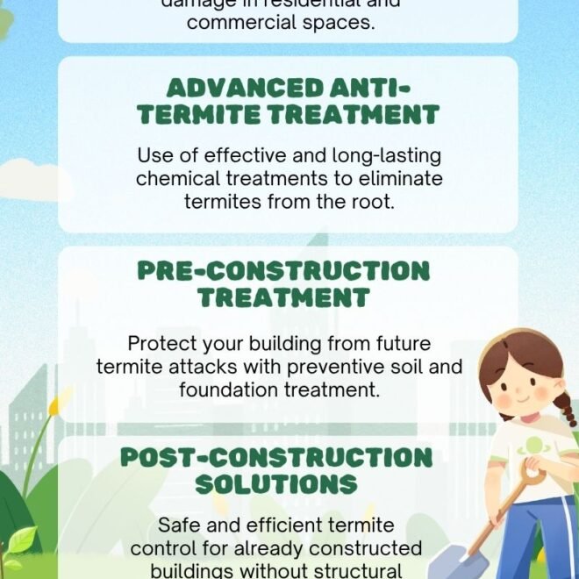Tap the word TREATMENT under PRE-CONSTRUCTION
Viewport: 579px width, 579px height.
tap(283, 297)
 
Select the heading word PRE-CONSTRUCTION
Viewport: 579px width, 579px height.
tap(283, 270)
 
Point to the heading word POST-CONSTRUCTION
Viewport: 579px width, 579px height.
tap(276, 458)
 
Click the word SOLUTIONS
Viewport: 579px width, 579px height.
tap(276, 484)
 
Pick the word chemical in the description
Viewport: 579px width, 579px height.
tap(177, 178)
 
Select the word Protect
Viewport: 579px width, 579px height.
tap(161, 343)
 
